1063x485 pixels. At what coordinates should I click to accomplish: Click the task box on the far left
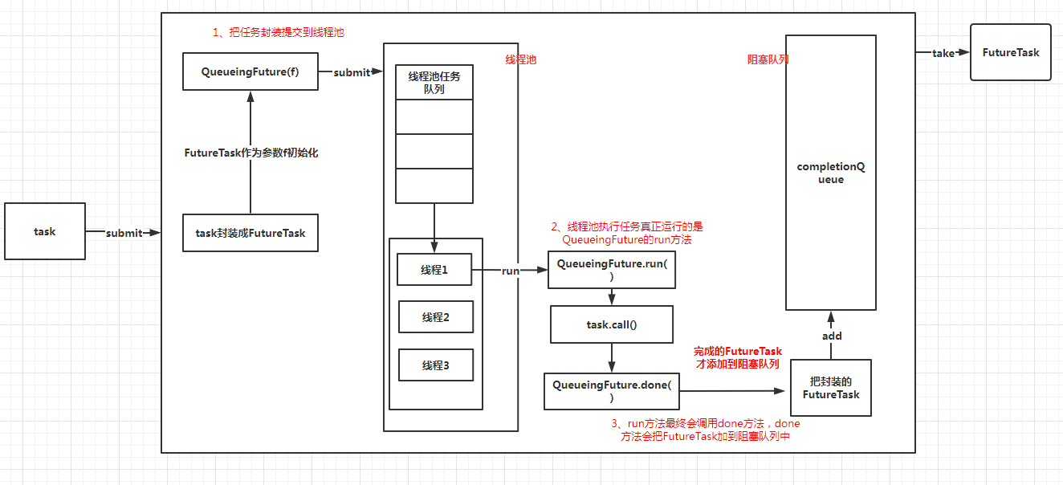(45, 232)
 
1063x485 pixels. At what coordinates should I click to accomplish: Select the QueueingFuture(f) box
(250, 71)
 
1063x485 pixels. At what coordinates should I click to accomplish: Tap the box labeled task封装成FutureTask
(250, 233)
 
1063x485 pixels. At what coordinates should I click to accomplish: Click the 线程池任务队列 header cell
(434, 82)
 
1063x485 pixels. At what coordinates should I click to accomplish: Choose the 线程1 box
(434, 270)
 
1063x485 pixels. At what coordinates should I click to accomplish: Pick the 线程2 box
(436, 317)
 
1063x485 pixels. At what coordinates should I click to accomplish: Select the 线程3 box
(436, 365)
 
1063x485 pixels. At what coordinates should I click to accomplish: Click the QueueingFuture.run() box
(612, 269)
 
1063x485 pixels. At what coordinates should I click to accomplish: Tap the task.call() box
(612, 324)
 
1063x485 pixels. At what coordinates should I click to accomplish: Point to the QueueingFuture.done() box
(612, 391)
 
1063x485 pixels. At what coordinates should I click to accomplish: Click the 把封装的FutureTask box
(831, 388)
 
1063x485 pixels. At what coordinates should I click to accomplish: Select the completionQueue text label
(831, 173)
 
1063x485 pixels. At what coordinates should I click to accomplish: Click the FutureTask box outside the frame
(1011, 52)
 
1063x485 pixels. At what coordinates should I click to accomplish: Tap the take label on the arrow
(943, 53)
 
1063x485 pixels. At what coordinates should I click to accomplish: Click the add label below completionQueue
(832, 336)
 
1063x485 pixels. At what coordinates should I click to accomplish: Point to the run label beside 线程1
(511, 271)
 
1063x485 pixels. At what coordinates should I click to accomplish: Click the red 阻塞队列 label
(768, 59)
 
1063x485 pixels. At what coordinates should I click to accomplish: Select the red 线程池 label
(520, 60)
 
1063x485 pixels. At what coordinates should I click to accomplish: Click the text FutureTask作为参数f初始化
(251, 153)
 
